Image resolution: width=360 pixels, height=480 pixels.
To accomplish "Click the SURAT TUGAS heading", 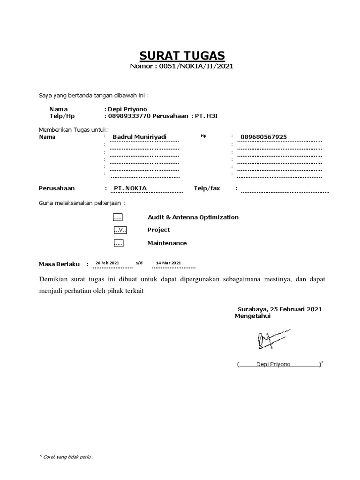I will (x=181, y=57).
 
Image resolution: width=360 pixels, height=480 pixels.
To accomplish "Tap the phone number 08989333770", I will (x=129, y=116).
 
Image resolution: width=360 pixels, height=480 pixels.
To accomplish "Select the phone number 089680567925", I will (x=263, y=137).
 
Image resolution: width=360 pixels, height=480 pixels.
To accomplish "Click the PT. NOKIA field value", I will (x=130, y=188).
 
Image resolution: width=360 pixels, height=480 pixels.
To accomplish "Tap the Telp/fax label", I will (x=207, y=188).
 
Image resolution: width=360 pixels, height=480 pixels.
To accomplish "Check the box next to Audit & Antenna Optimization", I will (x=118, y=217).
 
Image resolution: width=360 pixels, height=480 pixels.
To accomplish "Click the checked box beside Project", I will (x=120, y=230).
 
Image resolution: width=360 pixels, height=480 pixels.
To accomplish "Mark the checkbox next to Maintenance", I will (x=118, y=243).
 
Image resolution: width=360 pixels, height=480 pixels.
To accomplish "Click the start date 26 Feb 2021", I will (x=107, y=263).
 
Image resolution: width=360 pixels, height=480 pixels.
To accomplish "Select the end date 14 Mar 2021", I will (x=168, y=263).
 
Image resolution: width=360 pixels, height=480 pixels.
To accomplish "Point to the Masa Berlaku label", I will (x=60, y=264).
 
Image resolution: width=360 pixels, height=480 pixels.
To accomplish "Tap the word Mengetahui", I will (x=252, y=316).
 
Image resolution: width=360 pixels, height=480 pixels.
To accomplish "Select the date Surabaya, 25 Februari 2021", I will (x=280, y=309).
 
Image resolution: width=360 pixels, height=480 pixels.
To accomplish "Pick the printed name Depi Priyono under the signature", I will (x=273, y=364).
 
